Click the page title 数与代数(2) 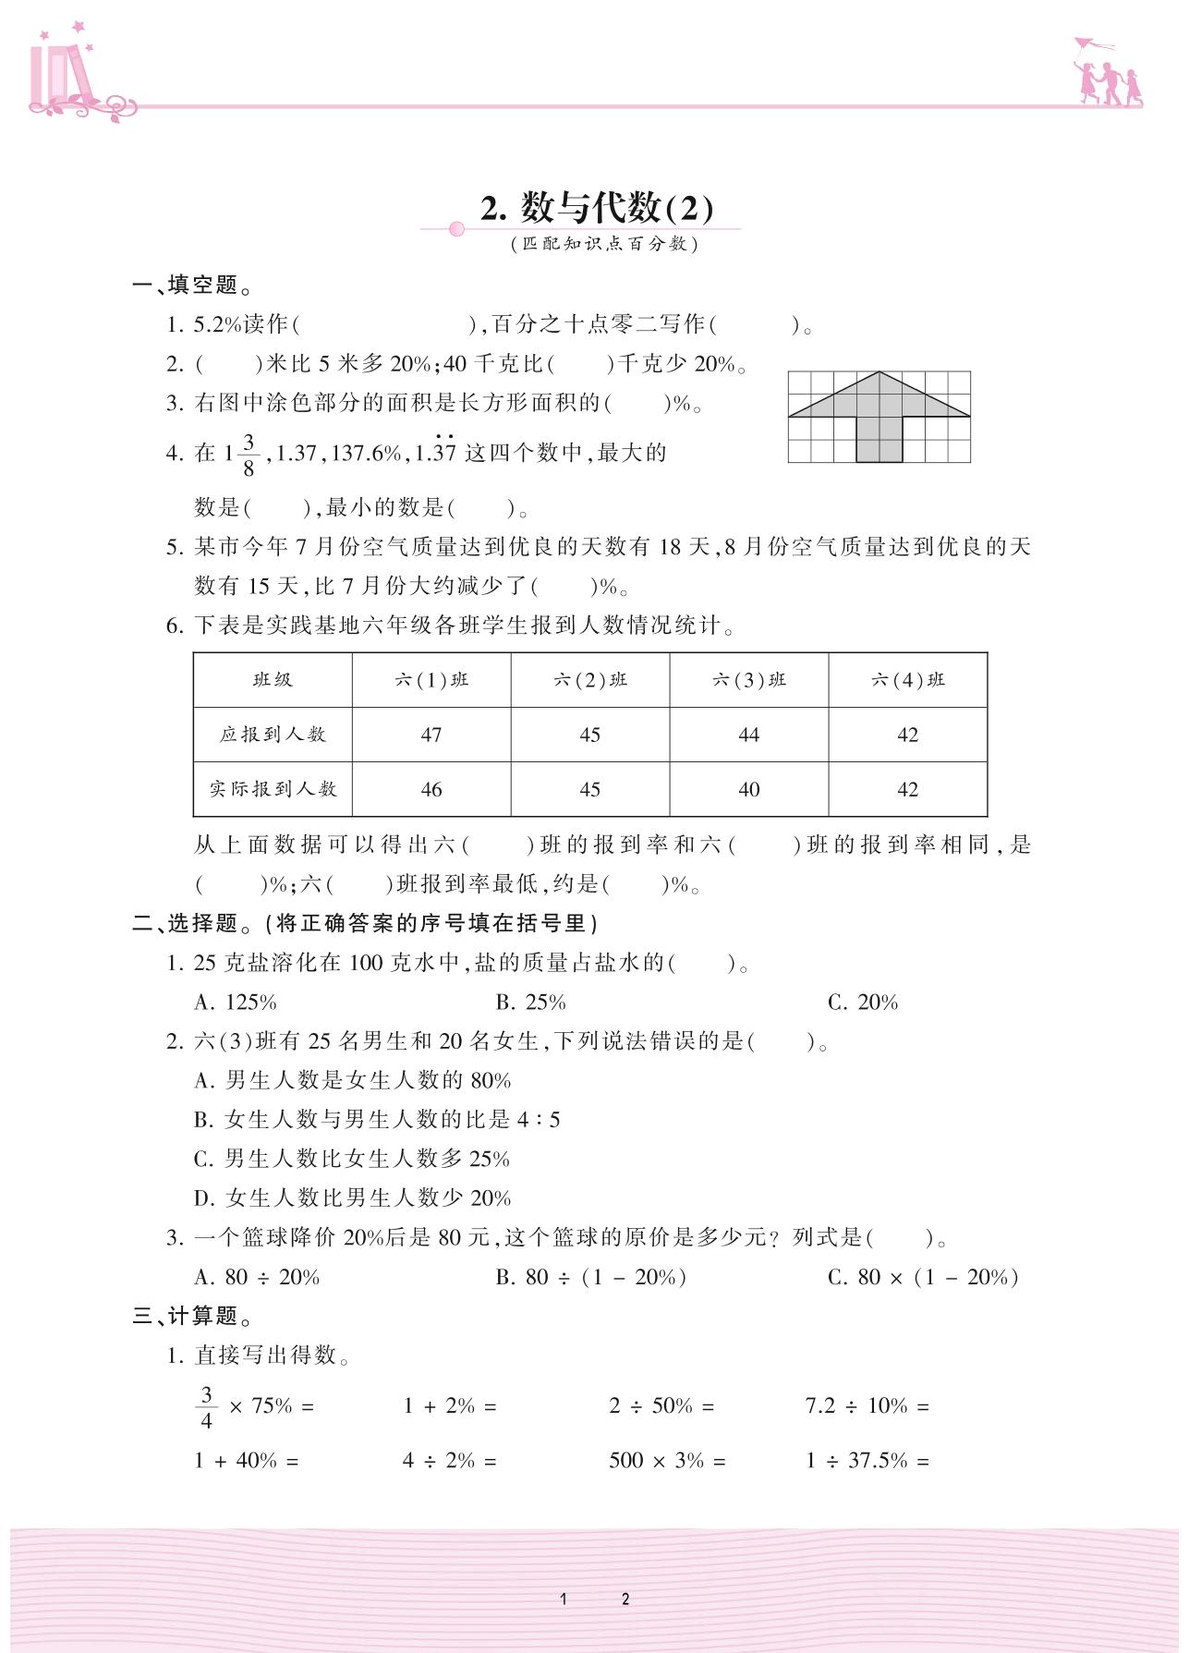[x=597, y=208]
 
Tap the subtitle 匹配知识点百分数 [x=604, y=244]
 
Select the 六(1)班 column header [x=431, y=680]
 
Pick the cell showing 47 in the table [x=431, y=735]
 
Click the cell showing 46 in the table [x=431, y=790]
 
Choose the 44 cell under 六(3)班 [x=748, y=735]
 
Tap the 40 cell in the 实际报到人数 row [x=748, y=790]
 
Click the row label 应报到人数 [x=273, y=735]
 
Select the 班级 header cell [x=273, y=680]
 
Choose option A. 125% [x=236, y=1003]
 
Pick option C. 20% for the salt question [x=863, y=1003]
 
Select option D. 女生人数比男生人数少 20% [x=352, y=1198]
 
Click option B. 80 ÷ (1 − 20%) [x=591, y=1277]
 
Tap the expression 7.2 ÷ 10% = [x=867, y=1406]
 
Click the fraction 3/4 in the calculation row [x=206, y=1407]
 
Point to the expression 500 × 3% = [x=667, y=1461]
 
